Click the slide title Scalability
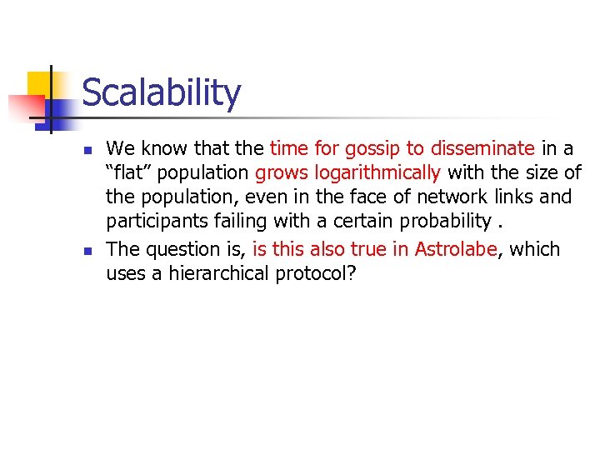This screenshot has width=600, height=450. click(x=161, y=92)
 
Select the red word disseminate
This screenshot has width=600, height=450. click(x=482, y=149)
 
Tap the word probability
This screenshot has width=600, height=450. click(x=447, y=222)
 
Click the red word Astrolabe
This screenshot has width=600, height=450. click(x=455, y=249)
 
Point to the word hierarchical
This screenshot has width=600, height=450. click(x=217, y=273)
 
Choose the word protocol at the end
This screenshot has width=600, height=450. click(x=320, y=273)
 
